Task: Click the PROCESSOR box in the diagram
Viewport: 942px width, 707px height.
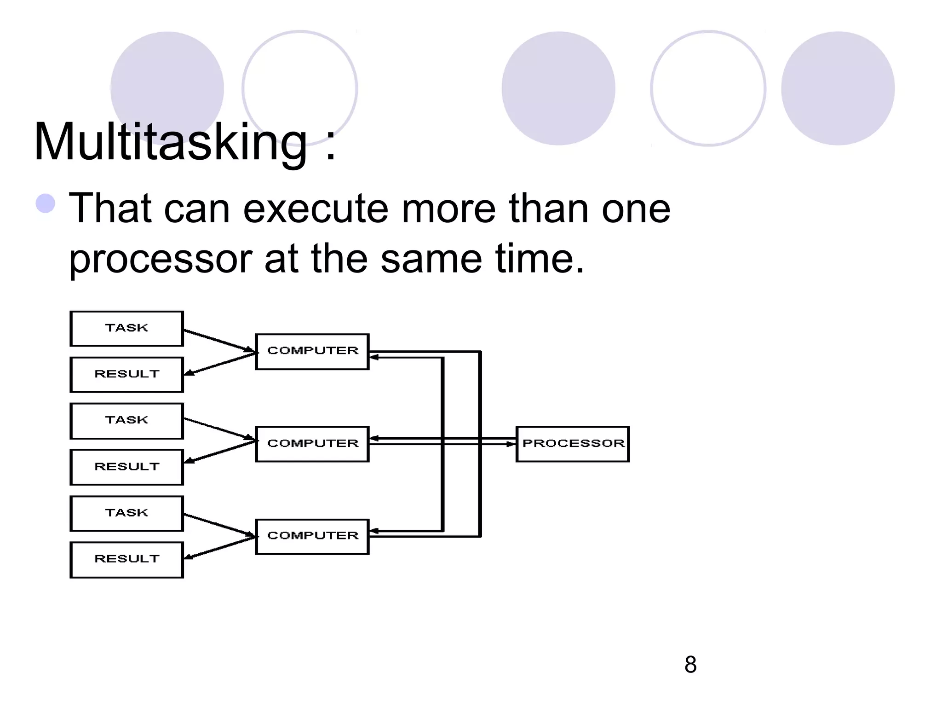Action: pyautogui.click(x=573, y=444)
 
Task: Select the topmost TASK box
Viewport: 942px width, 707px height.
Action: pyautogui.click(x=126, y=328)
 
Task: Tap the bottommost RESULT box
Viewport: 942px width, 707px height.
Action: pyautogui.click(x=126, y=559)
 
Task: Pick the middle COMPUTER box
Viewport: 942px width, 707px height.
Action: pyautogui.click(x=312, y=444)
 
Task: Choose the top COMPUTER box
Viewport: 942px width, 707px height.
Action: pyautogui.click(x=312, y=351)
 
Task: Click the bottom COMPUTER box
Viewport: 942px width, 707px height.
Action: pyautogui.click(x=312, y=536)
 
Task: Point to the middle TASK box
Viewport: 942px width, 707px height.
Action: pyautogui.click(x=126, y=421)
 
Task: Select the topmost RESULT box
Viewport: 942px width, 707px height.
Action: pyautogui.click(x=126, y=374)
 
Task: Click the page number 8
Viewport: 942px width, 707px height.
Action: pyautogui.click(x=690, y=665)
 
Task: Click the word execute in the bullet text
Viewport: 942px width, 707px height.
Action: pyautogui.click(x=315, y=209)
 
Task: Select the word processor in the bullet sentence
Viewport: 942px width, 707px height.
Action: pyautogui.click(x=160, y=259)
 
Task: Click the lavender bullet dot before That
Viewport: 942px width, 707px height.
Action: pyautogui.click(x=46, y=203)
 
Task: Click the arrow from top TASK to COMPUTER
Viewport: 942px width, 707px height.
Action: pyautogui.click(x=218, y=341)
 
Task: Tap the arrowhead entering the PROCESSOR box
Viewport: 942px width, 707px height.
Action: pyautogui.click(x=511, y=444)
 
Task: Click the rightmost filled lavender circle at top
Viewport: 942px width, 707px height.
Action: pyautogui.click(x=838, y=88)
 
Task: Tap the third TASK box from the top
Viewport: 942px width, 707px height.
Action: pyautogui.click(x=126, y=513)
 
